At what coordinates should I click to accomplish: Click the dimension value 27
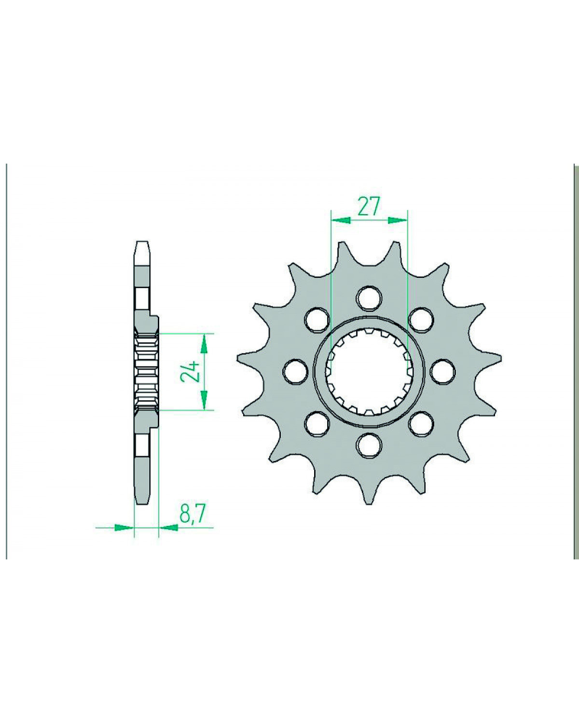369,206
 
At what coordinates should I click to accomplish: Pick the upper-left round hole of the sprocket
317,319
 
